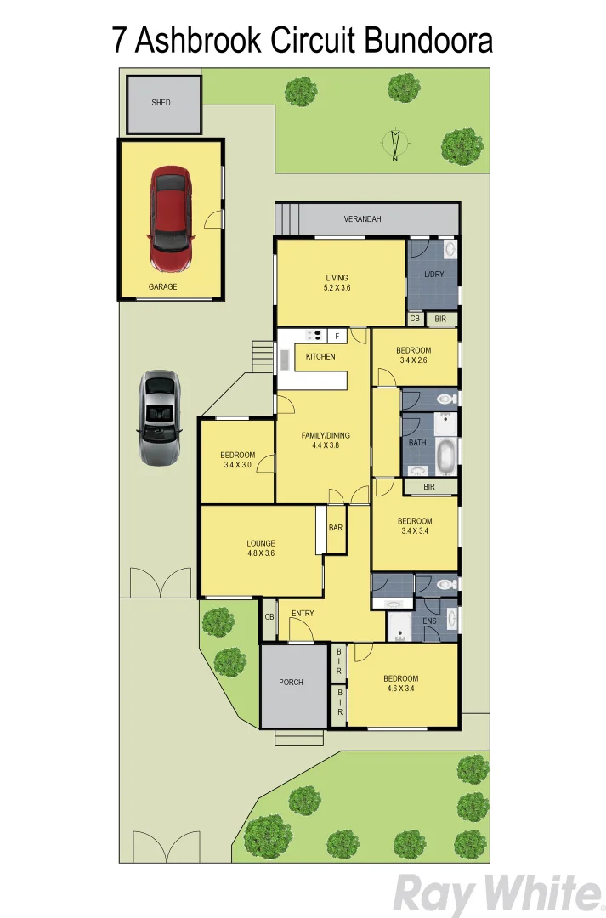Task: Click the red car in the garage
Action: click(x=170, y=217)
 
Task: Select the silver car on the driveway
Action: click(x=160, y=417)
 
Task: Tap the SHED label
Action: click(x=161, y=103)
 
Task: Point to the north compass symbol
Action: click(x=395, y=144)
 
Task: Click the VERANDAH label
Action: click(x=362, y=219)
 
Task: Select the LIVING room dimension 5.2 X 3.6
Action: click(x=337, y=288)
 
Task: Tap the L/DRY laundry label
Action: click(x=434, y=275)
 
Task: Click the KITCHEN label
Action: click(x=320, y=356)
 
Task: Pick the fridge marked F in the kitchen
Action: click(x=337, y=336)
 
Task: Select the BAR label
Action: click(x=336, y=528)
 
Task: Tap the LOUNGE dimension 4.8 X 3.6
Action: click(x=261, y=553)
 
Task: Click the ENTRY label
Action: click(x=303, y=614)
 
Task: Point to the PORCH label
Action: click(x=291, y=682)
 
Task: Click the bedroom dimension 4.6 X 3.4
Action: click(x=400, y=689)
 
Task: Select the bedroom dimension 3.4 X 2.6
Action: click(x=414, y=360)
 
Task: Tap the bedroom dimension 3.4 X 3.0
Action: click(x=238, y=465)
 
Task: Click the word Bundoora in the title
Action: click(x=428, y=40)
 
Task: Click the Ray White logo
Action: click(x=496, y=893)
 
